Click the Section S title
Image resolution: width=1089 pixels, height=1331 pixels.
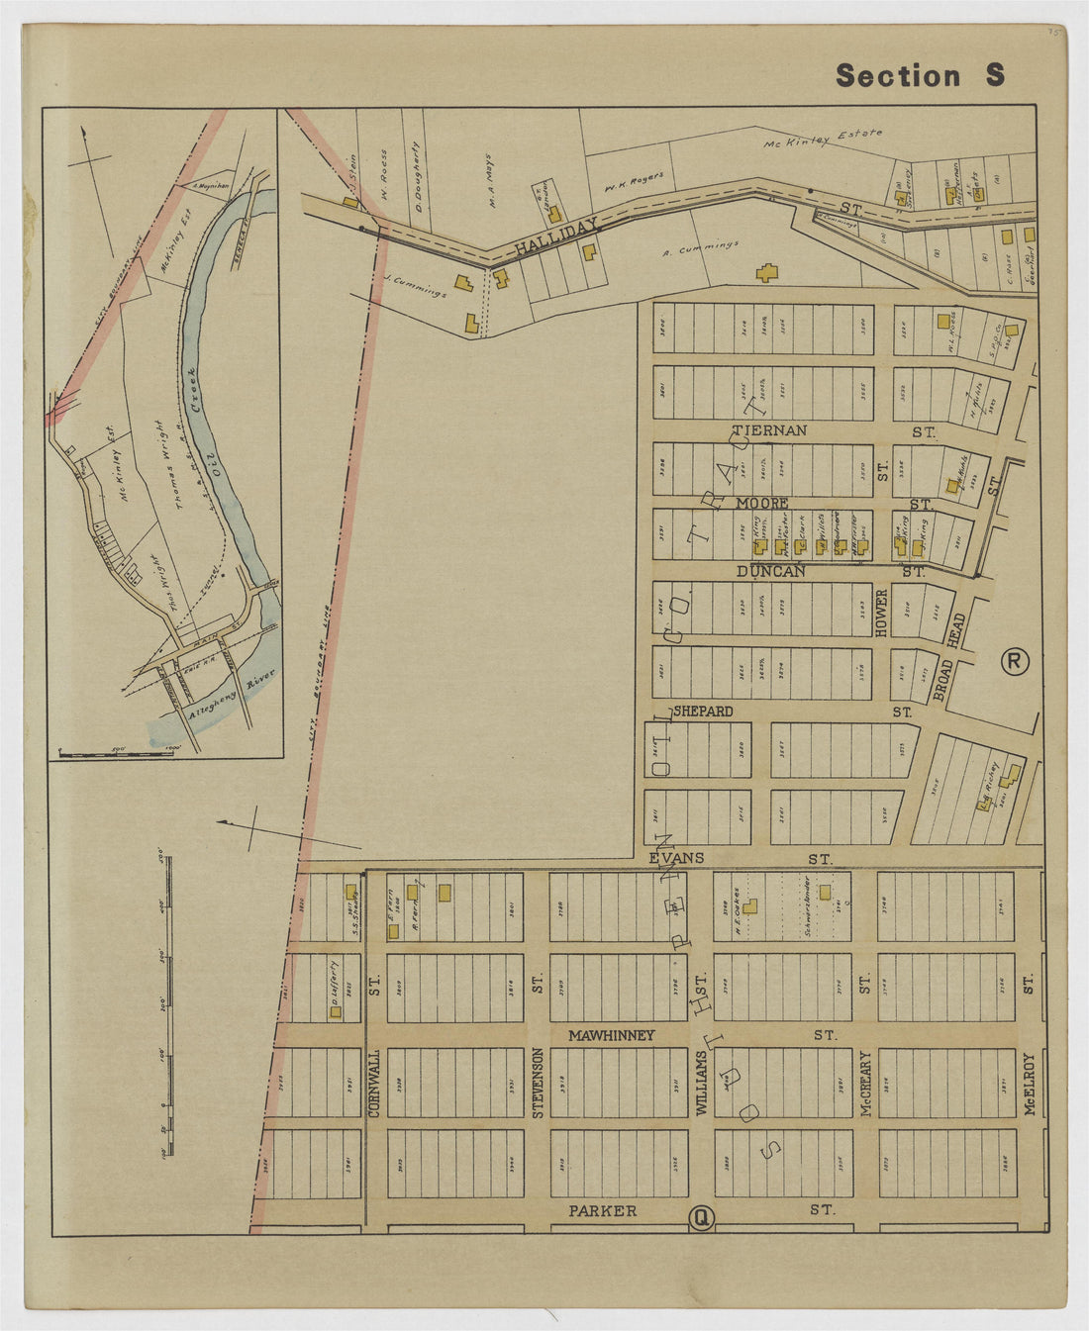coord(920,75)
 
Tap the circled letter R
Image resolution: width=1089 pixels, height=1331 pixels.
coord(1014,661)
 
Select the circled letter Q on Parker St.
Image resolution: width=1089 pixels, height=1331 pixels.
coord(700,1218)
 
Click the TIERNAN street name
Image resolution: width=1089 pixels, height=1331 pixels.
coord(769,430)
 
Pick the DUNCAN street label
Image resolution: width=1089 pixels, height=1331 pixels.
coord(770,572)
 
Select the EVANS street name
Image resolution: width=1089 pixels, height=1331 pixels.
coord(676,858)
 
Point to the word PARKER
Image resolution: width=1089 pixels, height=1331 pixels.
coord(603,1210)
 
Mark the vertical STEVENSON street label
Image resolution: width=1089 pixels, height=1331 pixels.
coord(539,1082)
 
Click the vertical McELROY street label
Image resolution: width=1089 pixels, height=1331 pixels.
coord(1031,1084)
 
